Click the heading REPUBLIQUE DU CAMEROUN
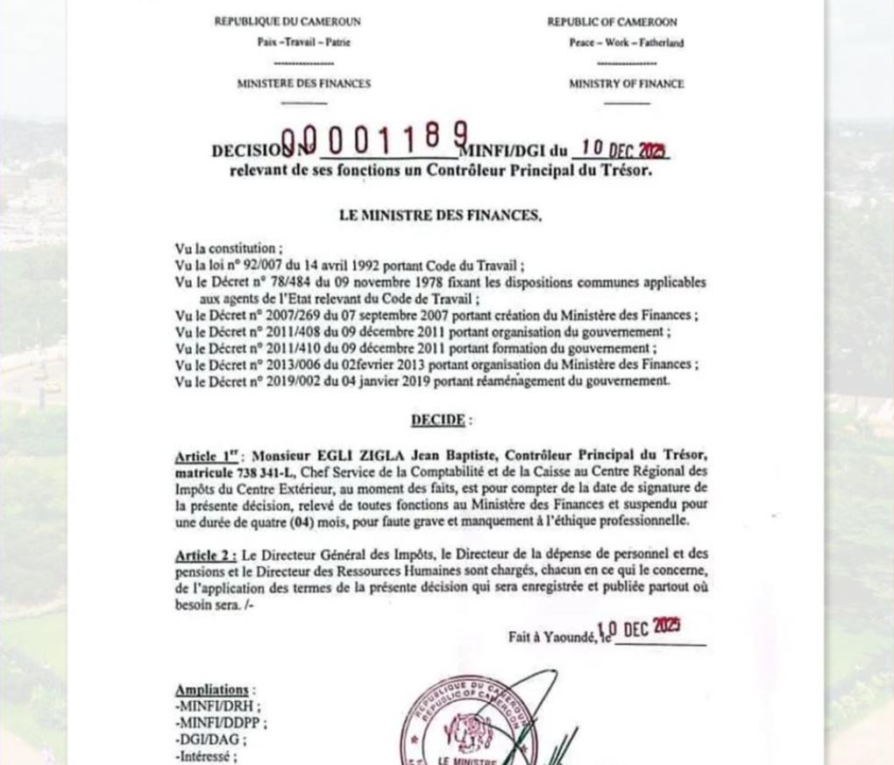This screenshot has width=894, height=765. tap(287, 22)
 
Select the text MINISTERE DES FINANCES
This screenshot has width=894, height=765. tap(303, 84)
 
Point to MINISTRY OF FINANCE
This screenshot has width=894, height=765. tap(626, 84)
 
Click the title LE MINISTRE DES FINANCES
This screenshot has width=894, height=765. tap(441, 215)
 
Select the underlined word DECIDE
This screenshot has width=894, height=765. tap(437, 421)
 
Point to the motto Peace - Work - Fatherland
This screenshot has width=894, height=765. tap(626, 43)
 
